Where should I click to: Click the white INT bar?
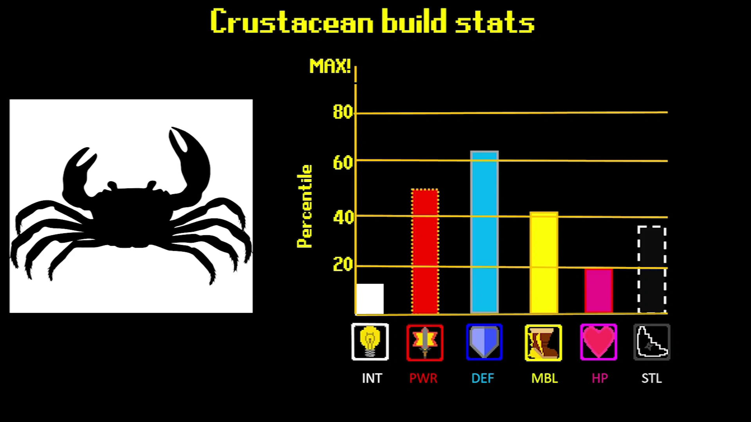370,299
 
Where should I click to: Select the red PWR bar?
425,251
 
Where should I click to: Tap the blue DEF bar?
484,232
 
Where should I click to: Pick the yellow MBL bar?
544,263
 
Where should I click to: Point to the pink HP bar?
598,291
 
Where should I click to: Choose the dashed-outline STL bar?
652,270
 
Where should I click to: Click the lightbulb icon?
370,342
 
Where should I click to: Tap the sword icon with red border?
425,343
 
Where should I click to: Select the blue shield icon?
484,342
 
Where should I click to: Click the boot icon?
544,343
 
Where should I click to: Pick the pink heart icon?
598,342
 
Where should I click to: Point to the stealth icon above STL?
652,342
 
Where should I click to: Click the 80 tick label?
343,112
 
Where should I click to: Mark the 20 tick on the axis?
343,265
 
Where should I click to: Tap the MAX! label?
330,66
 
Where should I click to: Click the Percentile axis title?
305,206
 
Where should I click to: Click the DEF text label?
483,378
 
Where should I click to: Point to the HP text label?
600,378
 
